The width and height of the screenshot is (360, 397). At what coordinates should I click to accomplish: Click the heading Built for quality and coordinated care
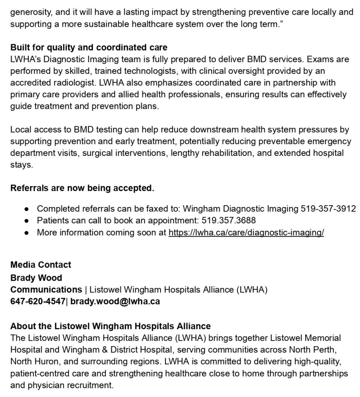click(x=89, y=48)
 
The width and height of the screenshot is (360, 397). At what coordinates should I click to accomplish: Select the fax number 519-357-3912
click(x=328, y=209)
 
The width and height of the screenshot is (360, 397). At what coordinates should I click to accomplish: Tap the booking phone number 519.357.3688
click(x=229, y=221)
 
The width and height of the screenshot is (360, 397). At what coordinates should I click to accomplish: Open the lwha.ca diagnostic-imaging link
click(x=246, y=233)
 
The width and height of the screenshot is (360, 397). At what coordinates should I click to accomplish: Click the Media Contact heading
click(x=41, y=265)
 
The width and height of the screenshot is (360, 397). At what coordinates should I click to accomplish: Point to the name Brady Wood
click(x=36, y=278)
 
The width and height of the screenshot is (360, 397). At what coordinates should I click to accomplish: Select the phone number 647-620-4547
click(x=38, y=301)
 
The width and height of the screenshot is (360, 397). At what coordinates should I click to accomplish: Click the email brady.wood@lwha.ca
click(x=115, y=301)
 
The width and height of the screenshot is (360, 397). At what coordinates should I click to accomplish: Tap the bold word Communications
click(x=46, y=290)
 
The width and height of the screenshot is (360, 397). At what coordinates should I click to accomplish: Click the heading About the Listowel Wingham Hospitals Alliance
click(x=110, y=326)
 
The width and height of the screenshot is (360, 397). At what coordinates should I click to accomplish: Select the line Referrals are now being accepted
click(x=82, y=188)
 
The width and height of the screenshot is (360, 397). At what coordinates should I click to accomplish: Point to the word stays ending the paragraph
click(x=21, y=165)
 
